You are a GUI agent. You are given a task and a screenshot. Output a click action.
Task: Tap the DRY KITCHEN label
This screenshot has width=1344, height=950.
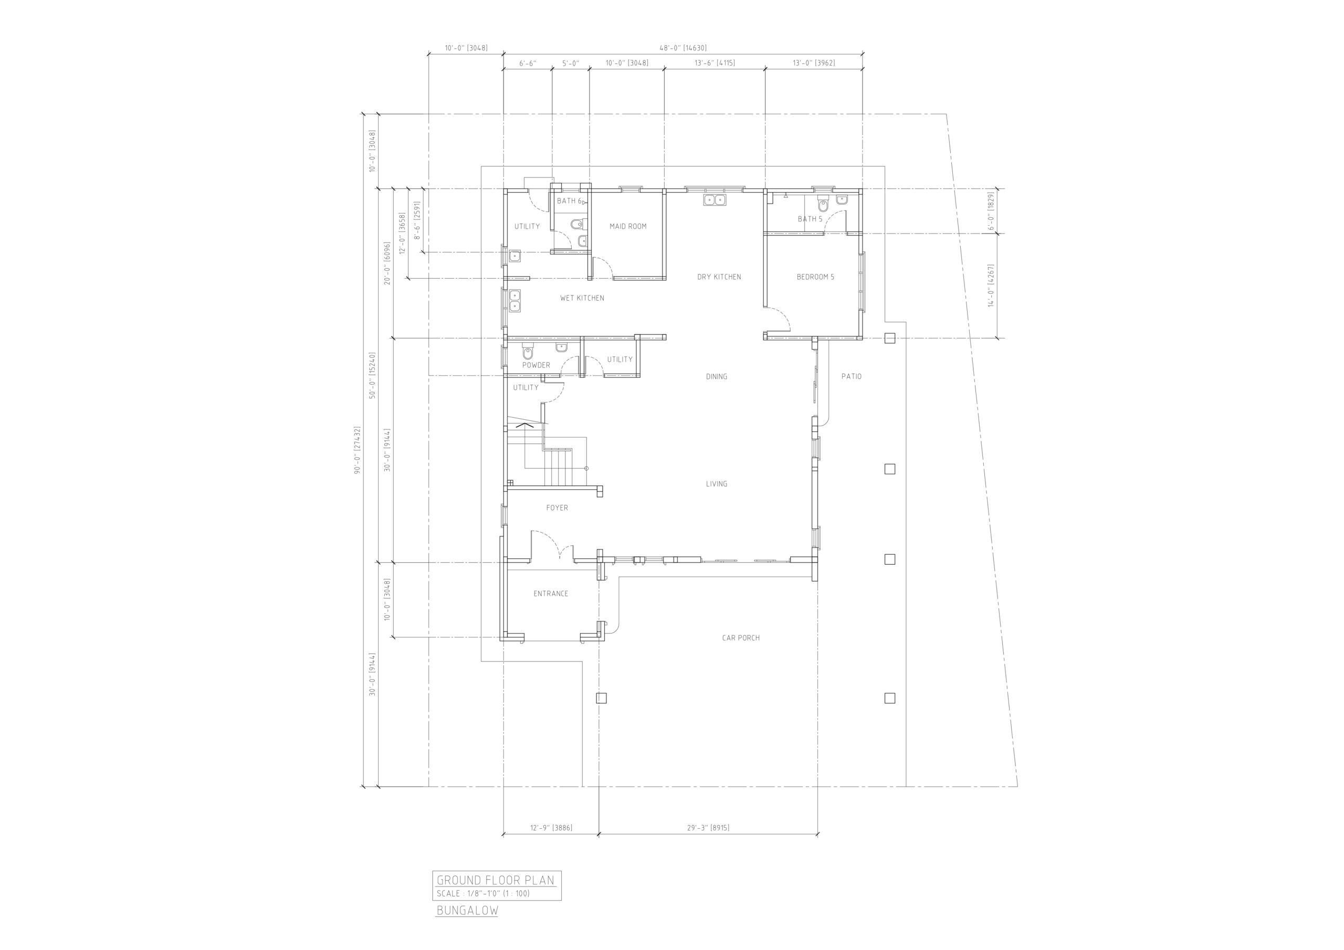tap(719, 277)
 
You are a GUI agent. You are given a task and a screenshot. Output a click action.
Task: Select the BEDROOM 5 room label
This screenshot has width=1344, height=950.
tap(815, 277)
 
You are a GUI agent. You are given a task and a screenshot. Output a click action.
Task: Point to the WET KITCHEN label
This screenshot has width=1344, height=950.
tap(582, 298)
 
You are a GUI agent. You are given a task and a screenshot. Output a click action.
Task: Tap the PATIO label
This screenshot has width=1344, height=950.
tap(851, 376)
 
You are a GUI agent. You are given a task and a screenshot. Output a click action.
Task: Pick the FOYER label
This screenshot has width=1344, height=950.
tap(556, 508)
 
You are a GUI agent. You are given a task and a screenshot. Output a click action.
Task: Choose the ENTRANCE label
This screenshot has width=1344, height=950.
tap(551, 594)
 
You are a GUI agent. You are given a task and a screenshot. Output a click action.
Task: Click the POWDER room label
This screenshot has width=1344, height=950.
tap(536, 365)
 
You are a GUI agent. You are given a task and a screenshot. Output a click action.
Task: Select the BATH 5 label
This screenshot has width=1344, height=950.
tap(810, 219)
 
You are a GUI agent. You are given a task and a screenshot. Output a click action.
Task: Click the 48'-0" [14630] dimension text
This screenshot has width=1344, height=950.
tap(683, 48)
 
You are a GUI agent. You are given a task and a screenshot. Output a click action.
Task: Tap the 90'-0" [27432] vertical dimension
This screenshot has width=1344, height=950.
tap(357, 449)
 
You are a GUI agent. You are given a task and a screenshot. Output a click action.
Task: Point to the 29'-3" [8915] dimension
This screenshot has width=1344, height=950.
tap(708, 828)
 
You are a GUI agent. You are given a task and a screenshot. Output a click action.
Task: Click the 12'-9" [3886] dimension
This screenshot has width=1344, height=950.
tap(551, 828)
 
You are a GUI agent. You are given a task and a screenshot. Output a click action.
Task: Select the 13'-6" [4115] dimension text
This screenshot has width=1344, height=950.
tap(714, 62)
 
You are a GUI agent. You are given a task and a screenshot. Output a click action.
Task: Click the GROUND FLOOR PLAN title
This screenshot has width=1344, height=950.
tap(495, 880)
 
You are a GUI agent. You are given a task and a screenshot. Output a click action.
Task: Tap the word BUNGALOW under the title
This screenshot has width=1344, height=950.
tap(467, 911)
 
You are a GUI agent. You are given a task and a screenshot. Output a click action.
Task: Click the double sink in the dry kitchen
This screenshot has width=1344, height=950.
tap(714, 200)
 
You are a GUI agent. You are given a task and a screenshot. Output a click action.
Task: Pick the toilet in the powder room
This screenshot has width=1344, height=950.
tap(528, 352)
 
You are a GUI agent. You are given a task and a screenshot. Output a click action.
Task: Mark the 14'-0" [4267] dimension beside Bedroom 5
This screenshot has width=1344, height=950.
tap(991, 286)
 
